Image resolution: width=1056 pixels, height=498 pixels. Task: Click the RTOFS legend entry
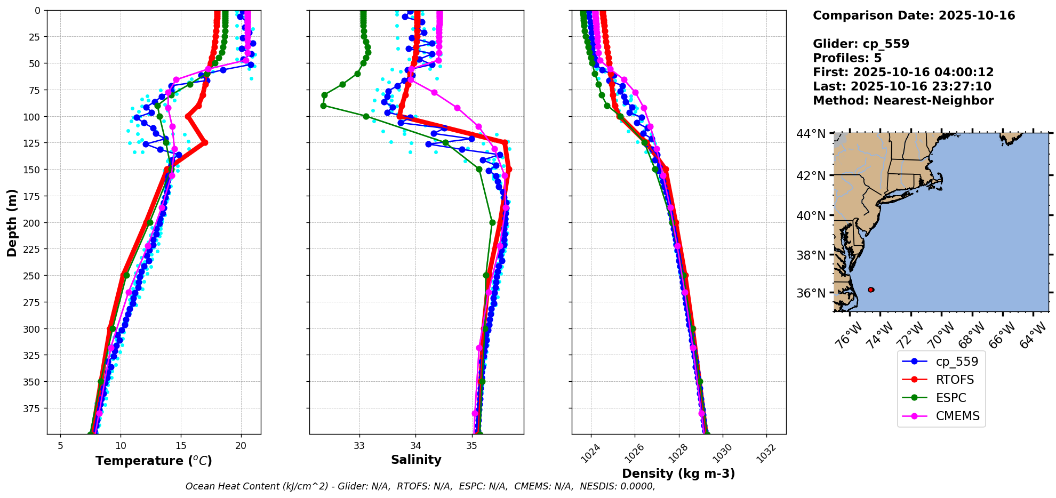[954, 380]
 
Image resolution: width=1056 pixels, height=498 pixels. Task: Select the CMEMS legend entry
[957, 416]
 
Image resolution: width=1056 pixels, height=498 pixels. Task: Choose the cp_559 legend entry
[956, 362]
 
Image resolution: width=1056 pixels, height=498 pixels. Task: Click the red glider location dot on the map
[871, 290]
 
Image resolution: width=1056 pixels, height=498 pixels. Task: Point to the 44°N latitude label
[811, 134]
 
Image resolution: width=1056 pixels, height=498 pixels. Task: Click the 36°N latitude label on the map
[811, 293]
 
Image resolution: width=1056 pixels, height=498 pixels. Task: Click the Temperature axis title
[154, 461]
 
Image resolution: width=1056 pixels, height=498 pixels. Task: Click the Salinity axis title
[416, 460]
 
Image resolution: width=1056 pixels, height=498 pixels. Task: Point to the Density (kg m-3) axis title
[678, 473]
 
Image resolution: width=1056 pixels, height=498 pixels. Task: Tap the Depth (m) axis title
[12, 222]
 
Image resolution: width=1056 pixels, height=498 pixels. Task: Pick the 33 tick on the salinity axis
[359, 446]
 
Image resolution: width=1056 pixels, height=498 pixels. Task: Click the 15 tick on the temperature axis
[181, 446]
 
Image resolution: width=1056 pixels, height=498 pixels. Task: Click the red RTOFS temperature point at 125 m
[205, 143]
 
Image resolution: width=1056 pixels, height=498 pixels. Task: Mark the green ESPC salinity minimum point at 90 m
[323, 106]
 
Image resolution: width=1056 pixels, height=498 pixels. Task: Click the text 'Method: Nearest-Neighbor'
[903, 101]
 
